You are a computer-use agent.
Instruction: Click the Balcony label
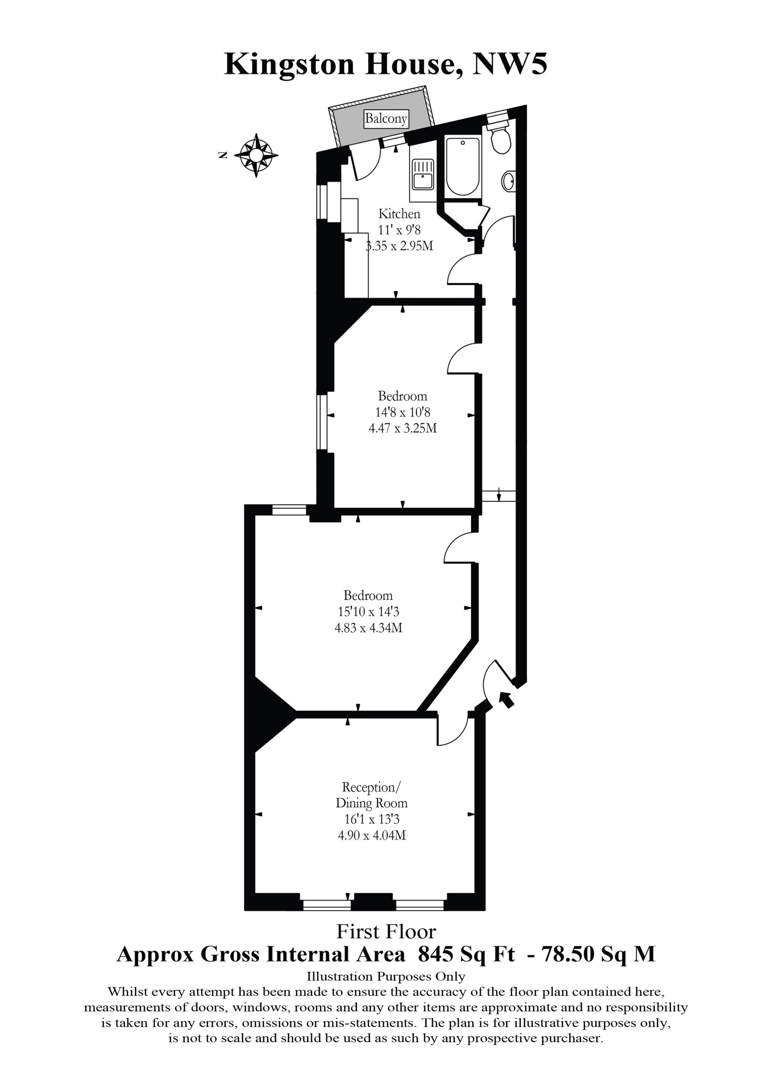(386, 118)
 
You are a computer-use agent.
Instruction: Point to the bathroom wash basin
(508, 181)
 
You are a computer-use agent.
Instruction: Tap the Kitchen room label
(399, 214)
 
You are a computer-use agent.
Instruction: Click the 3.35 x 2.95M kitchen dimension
(399, 246)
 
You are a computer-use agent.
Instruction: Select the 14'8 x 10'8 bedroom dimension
(402, 412)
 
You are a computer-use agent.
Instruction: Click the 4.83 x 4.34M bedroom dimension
(369, 628)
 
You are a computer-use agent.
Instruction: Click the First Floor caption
(386, 932)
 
